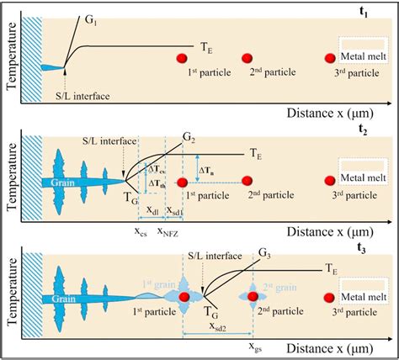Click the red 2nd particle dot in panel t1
[x=247, y=57]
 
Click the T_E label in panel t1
[x=206, y=49]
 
